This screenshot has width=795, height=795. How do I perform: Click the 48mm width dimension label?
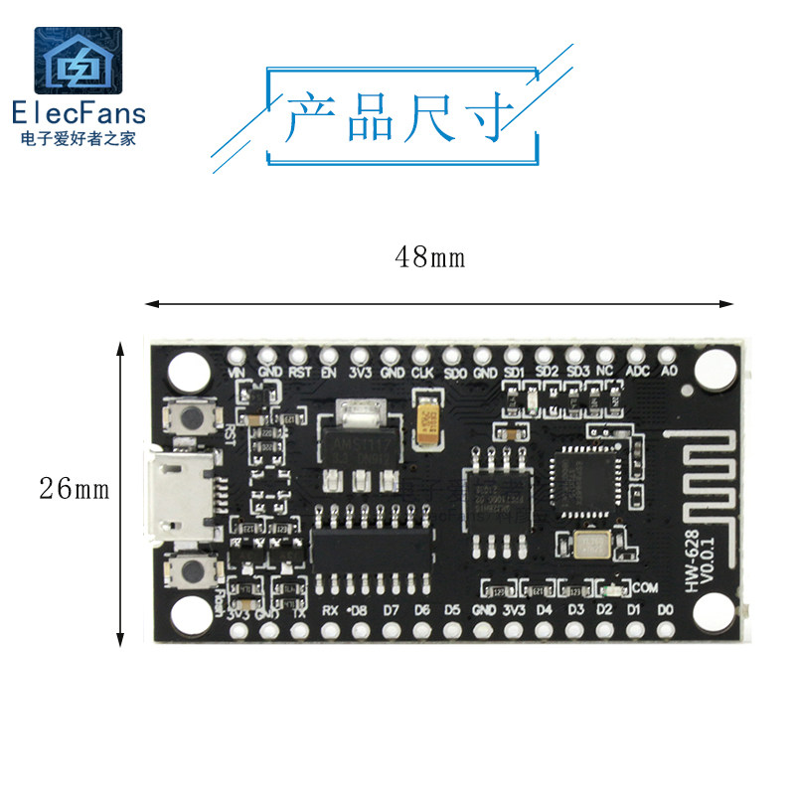[429, 257]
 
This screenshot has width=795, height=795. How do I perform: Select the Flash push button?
[190, 569]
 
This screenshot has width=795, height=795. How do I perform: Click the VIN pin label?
[237, 373]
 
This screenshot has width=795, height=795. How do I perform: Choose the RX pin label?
[331, 609]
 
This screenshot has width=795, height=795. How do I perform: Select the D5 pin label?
[452, 609]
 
